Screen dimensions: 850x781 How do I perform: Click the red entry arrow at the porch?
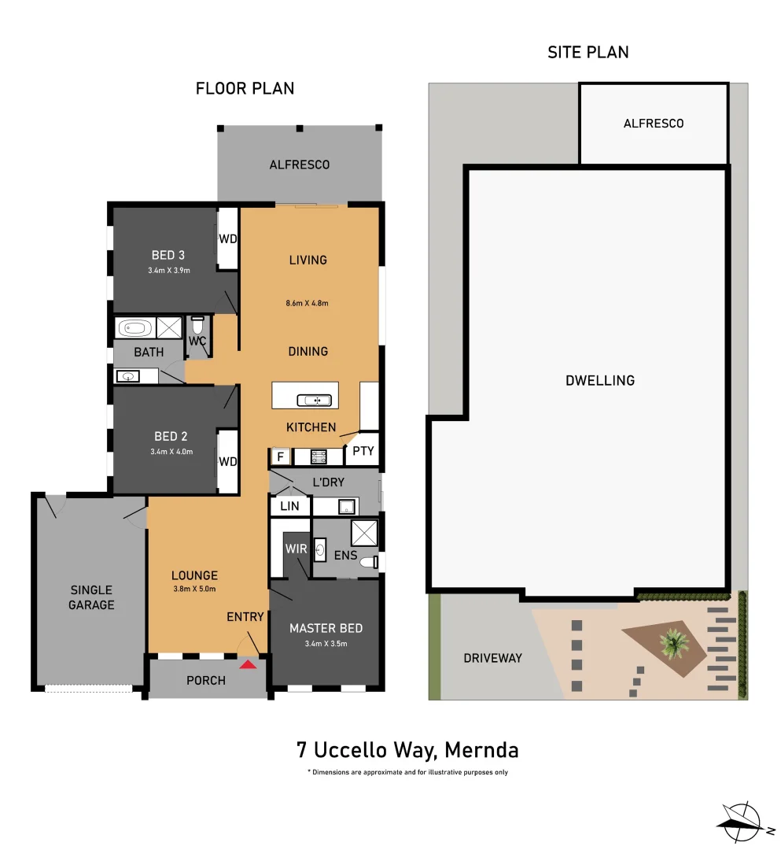tap(248, 664)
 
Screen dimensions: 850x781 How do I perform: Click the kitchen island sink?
tap(317, 400)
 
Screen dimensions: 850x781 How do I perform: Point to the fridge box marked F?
tap(279, 456)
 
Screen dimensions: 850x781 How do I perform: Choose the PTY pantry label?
tap(363, 452)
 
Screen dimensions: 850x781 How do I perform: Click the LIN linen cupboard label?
tap(289, 506)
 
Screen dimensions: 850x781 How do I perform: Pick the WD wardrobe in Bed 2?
tap(228, 462)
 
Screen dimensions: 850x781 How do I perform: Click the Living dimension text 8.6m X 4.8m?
tap(308, 303)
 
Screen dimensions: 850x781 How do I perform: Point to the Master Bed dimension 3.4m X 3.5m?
tap(326, 644)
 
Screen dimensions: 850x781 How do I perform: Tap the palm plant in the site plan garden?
tap(673, 643)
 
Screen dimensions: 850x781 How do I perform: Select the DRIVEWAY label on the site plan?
tap(492, 658)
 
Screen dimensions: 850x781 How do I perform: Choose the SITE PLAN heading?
tap(588, 53)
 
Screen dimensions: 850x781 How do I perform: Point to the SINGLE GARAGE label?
tap(92, 597)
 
